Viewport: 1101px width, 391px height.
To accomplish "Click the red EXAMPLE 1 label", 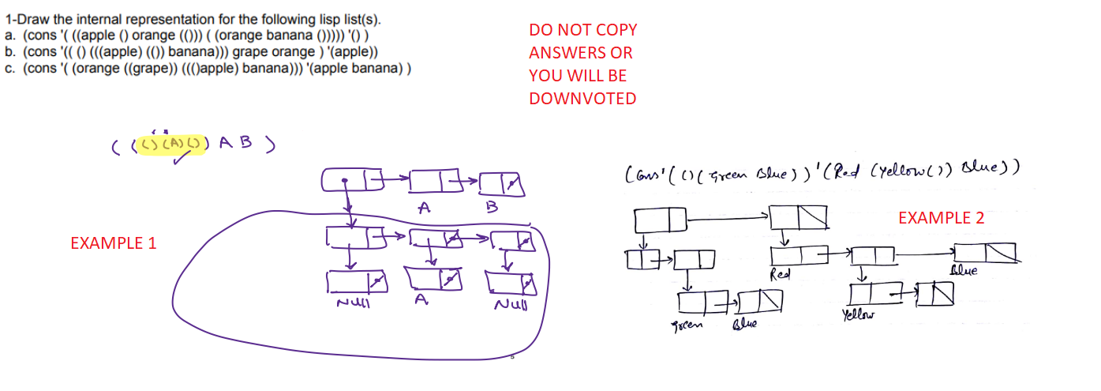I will click(113, 243).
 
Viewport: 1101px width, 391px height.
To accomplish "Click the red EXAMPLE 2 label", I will click(941, 218).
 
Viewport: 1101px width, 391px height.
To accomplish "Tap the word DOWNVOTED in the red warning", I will click(582, 99).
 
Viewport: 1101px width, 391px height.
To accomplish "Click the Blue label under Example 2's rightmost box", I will click(964, 271).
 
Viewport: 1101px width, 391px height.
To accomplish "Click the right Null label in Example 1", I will click(511, 304).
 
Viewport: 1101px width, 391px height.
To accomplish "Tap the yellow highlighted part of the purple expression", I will click(170, 145).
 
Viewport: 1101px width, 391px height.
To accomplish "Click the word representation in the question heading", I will click(158, 19).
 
